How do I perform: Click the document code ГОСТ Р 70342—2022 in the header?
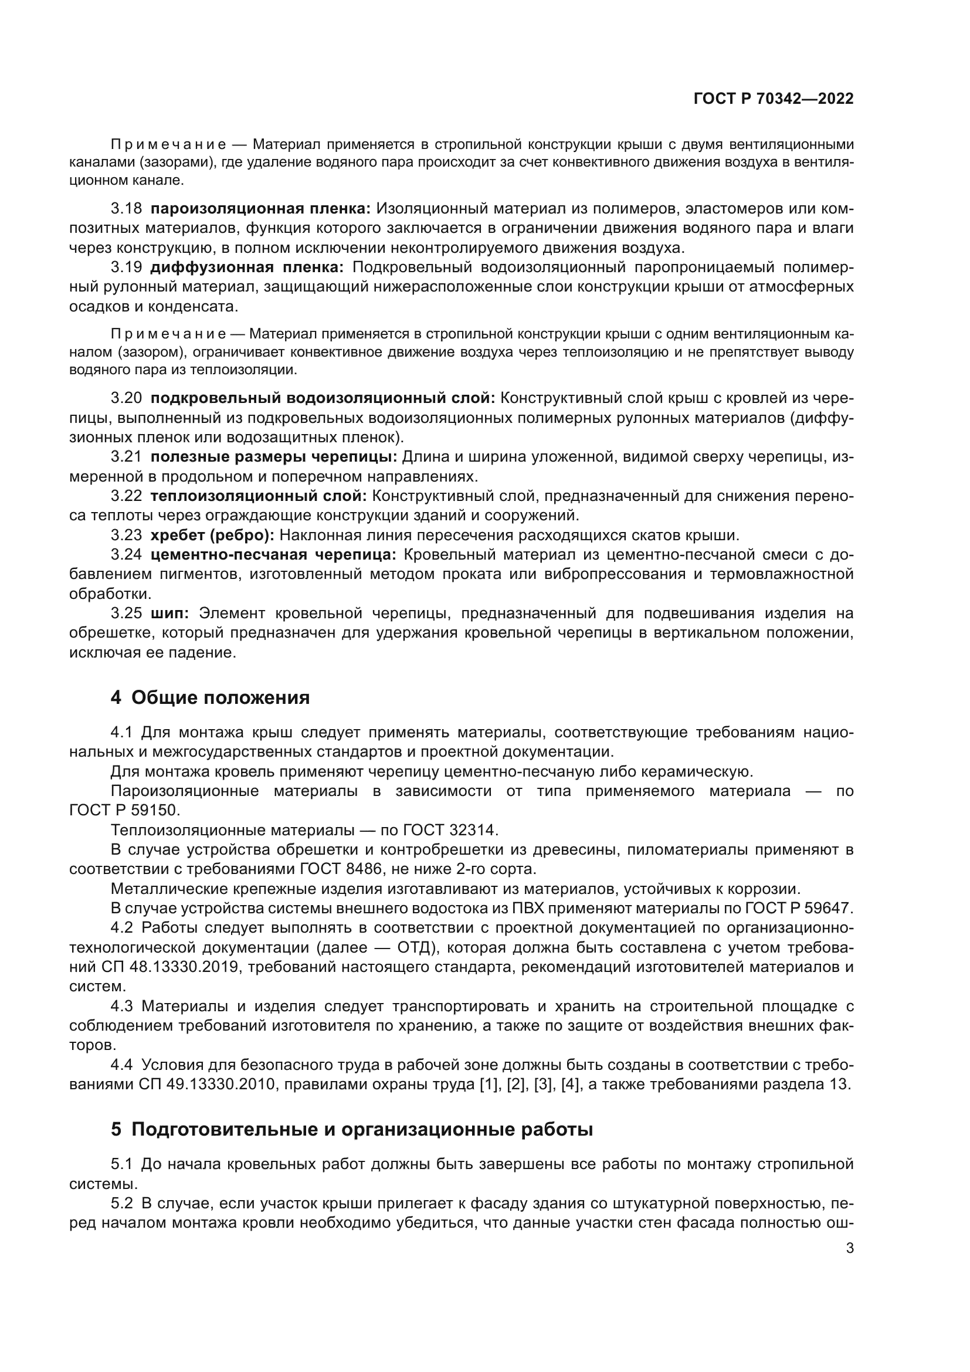tap(773, 99)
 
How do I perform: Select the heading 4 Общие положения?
tap(211, 697)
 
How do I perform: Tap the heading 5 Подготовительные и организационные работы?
tap(352, 1129)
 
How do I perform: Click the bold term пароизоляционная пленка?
tap(260, 209)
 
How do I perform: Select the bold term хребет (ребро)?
tap(212, 535)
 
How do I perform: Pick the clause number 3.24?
tap(126, 554)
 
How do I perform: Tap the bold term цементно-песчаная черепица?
tap(273, 554)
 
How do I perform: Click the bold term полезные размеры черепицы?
tap(273, 457)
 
